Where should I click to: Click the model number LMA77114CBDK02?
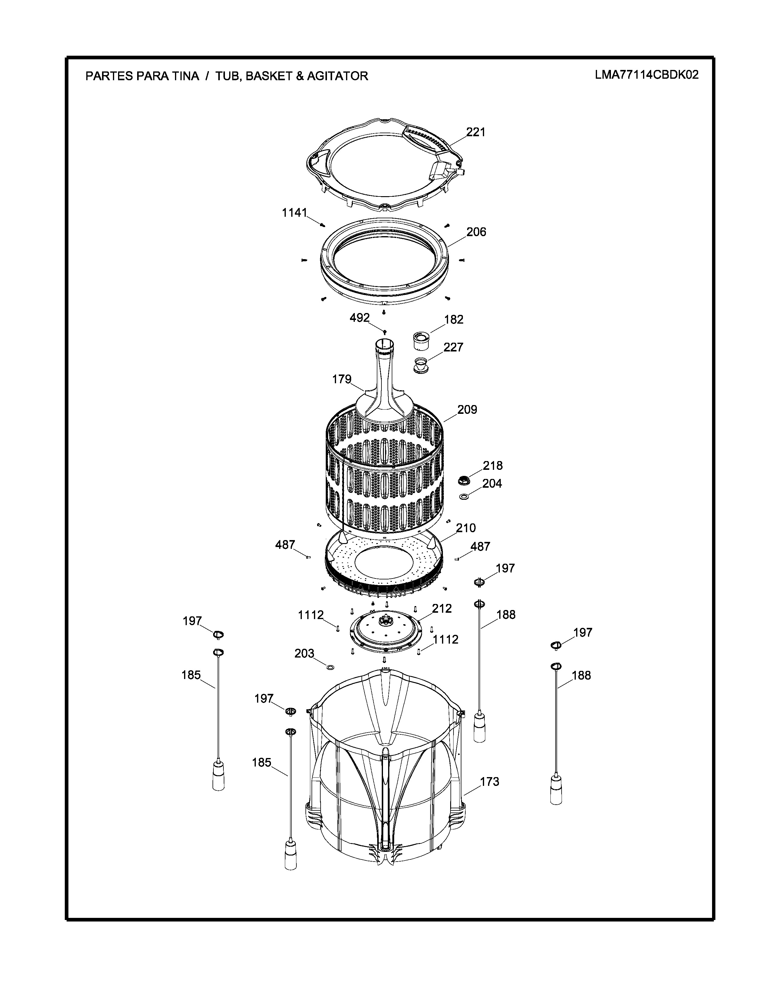(647, 75)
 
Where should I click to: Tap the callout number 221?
(476, 132)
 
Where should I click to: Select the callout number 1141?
(294, 213)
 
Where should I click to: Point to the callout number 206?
(476, 232)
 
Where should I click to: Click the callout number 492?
(359, 318)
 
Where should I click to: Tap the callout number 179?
(341, 379)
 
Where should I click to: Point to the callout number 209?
(467, 410)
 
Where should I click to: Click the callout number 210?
(466, 528)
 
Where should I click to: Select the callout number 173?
(489, 782)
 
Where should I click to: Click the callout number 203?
(304, 654)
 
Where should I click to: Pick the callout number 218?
(493, 466)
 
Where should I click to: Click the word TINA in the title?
(185, 76)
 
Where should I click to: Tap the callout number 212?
(442, 609)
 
